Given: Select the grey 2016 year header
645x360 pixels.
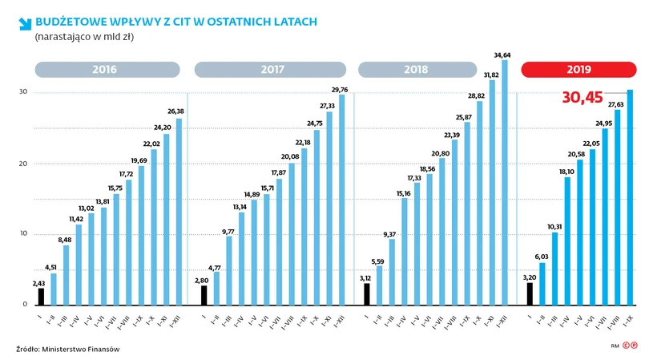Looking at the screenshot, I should click(105, 70).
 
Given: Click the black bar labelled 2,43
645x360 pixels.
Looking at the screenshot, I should click(41, 297).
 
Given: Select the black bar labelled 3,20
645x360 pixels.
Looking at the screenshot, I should click(530, 294).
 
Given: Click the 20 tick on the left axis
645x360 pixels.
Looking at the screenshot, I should click(23, 164).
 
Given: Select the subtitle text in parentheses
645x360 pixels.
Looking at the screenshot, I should click(84, 36).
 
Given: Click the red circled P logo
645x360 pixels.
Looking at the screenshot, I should click(634, 346).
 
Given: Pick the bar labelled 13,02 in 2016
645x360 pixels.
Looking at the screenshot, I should click(91, 259).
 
